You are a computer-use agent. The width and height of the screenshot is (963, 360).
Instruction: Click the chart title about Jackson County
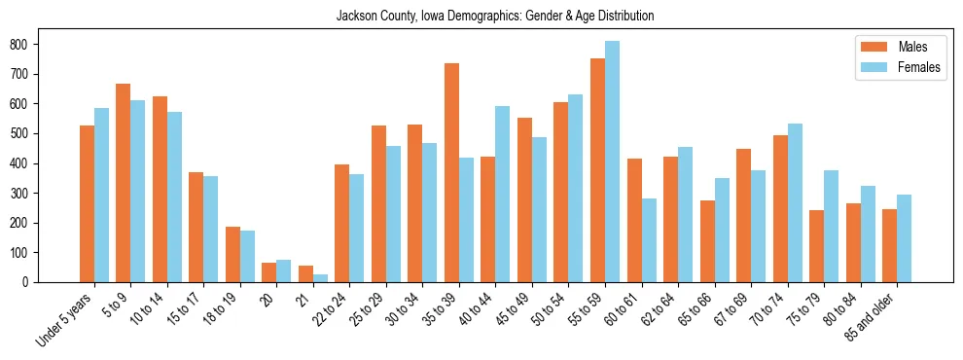(x=495, y=17)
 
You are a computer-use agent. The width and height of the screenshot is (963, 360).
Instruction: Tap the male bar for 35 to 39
(x=451, y=172)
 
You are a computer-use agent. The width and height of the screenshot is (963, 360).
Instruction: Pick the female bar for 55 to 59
(x=612, y=162)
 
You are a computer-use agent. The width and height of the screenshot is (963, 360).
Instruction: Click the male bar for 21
(x=305, y=273)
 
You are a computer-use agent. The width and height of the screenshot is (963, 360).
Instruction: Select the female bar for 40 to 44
(x=503, y=195)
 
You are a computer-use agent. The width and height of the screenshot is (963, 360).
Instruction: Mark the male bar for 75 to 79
(x=816, y=246)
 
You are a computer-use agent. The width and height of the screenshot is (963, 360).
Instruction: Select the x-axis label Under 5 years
(x=65, y=319)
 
